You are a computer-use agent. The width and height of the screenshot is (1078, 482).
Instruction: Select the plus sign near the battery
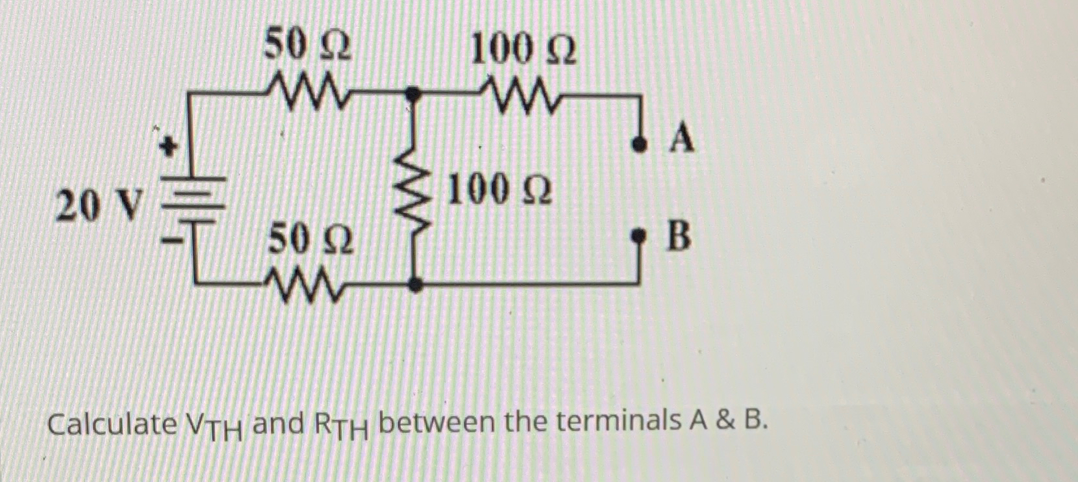(x=169, y=147)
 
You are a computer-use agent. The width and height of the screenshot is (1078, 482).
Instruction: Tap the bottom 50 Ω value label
(x=311, y=238)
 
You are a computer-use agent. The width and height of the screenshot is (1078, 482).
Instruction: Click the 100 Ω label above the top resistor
(x=523, y=49)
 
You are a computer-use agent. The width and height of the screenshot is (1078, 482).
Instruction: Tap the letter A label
(x=681, y=138)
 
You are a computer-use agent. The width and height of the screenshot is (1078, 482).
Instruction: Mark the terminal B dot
(x=640, y=234)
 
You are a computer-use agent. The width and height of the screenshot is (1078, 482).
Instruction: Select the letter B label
(x=679, y=235)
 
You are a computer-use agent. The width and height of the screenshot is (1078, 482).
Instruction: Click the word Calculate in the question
(x=112, y=425)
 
